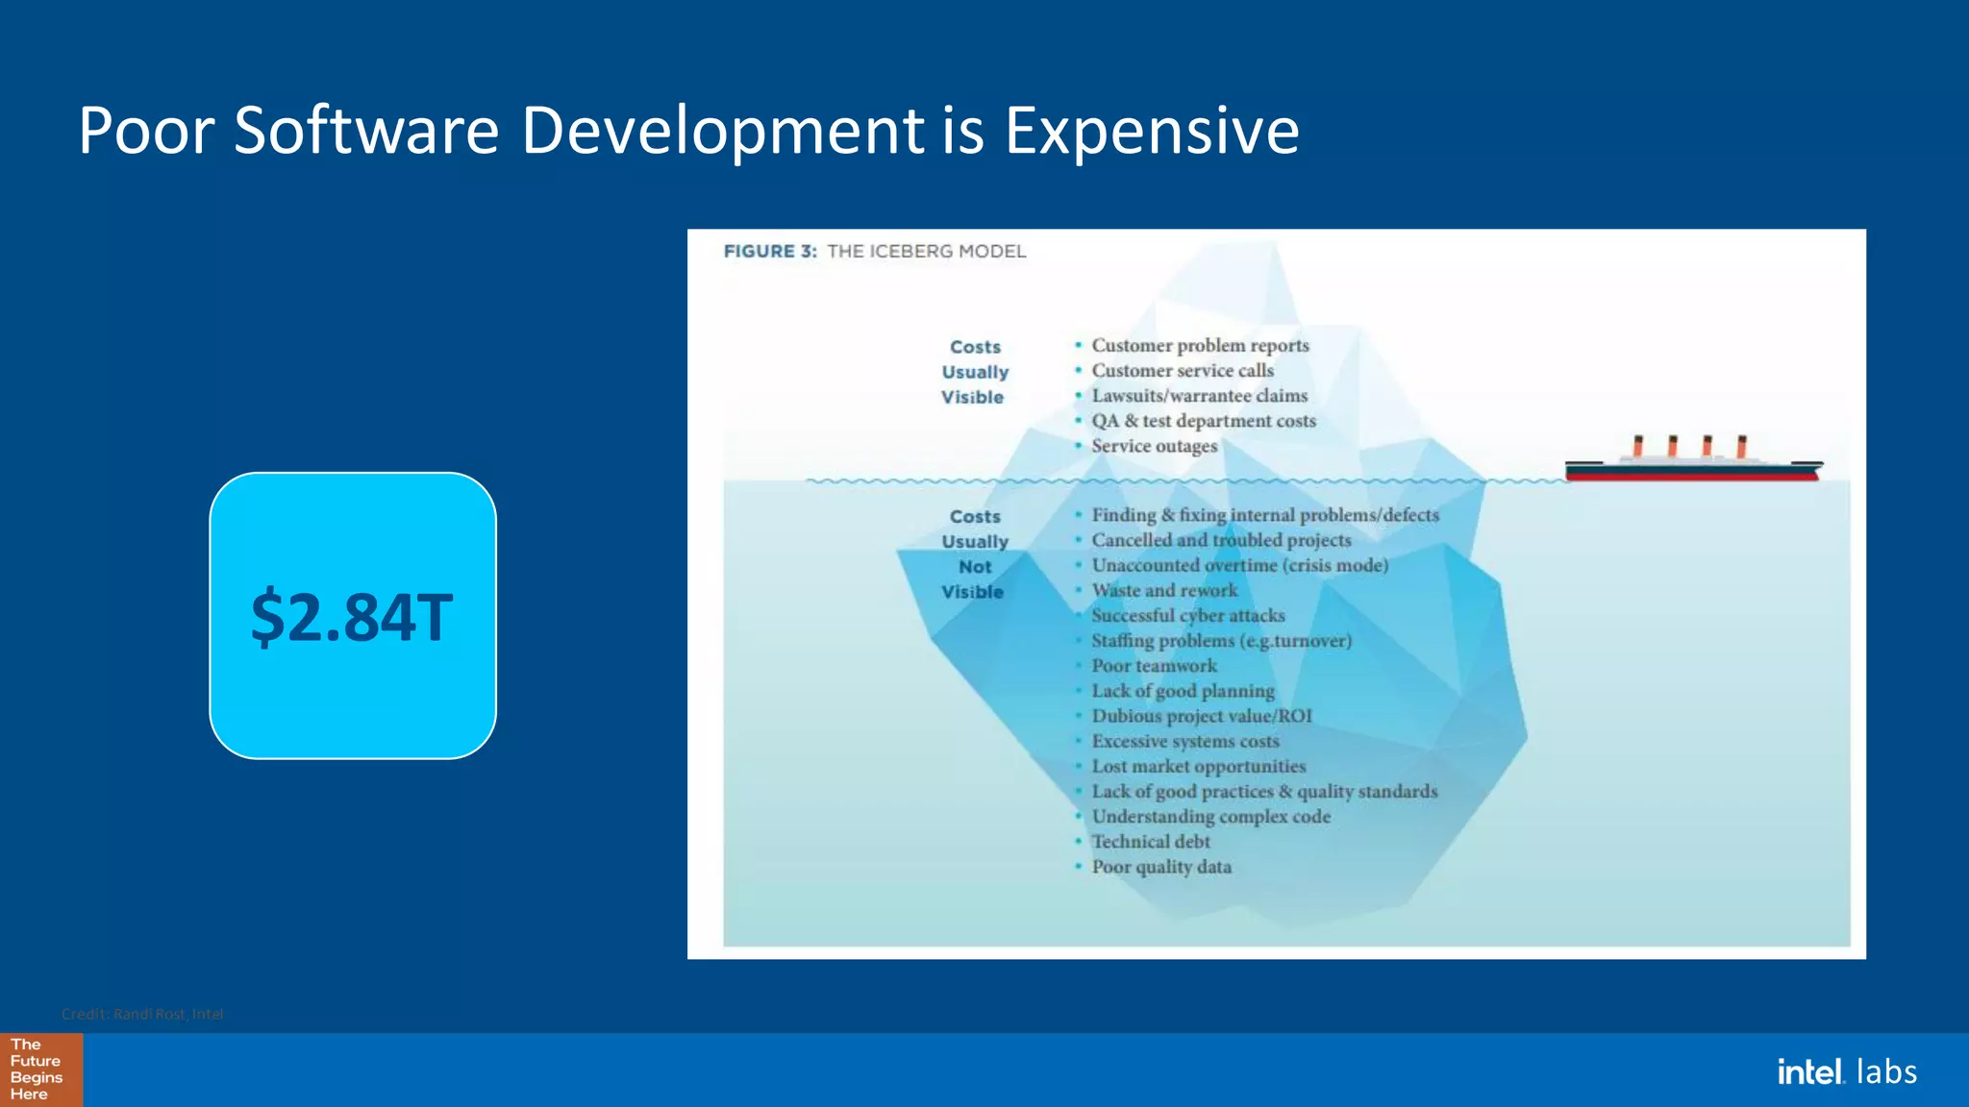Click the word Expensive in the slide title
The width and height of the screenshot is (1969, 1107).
(x=1152, y=131)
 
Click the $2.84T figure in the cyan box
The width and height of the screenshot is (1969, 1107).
(x=352, y=617)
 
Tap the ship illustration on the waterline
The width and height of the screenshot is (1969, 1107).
(x=1694, y=461)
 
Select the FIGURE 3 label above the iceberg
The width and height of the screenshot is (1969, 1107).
(x=769, y=252)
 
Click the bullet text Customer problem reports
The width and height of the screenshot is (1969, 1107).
(x=1200, y=346)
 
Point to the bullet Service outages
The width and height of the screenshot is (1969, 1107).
(x=1154, y=446)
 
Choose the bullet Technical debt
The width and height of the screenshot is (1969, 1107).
(x=1151, y=842)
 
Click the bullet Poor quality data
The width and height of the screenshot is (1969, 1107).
(x=1161, y=867)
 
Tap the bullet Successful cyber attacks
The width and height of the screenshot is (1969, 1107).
(x=1188, y=616)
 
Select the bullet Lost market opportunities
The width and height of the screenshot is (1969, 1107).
(x=1199, y=767)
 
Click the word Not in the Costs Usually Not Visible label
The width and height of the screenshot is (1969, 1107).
(x=975, y=567)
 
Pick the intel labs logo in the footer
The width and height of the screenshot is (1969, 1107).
(x=1846, y=1071)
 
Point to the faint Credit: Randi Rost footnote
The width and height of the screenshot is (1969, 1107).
(x=142, y=1014)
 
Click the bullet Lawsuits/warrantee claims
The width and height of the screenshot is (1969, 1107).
(x=1199, y=396)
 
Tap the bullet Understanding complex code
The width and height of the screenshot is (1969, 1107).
(x=1211, y=817)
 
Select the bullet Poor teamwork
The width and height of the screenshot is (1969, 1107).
(x=1154, y=666)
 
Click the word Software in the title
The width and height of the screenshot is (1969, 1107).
(x=366, y=131)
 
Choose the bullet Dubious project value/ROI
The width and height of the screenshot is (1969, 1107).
(x=1202, y=716)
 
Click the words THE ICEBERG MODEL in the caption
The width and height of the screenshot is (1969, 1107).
(x=927, y=252)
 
